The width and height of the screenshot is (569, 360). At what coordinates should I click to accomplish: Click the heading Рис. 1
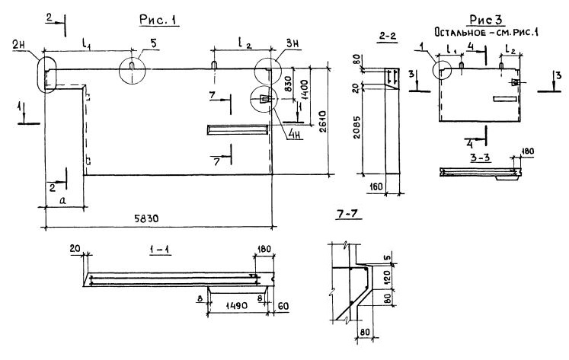coord(159,21)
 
